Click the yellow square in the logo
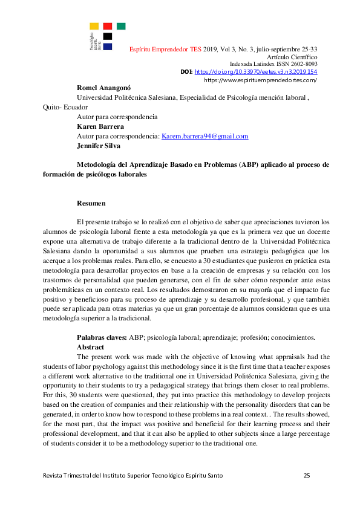pos(94,26)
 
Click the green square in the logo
pos(121,26)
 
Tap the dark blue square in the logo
pos(108,46)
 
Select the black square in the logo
pos(108,36)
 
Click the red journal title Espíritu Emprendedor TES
pos(166,49)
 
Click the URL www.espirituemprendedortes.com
pos(261,80)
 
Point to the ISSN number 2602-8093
pos(303,64)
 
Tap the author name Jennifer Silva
pos(98,146)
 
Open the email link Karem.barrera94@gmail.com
pos(205,136)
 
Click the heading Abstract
pos(91,348)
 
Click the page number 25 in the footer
pos(307,476)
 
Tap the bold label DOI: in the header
pos(187,71)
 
